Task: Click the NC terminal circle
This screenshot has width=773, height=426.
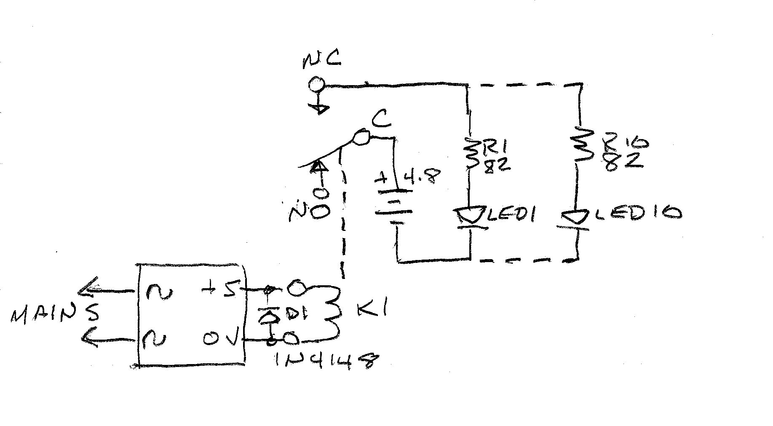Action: [x=316, y=85]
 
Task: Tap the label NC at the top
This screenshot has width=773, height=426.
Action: [x=321, y=60]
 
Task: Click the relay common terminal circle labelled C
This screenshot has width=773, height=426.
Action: [x=362, y=137]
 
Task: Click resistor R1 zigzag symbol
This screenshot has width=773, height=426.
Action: [x=472, y=154]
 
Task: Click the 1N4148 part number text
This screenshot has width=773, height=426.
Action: [x=324, y=360]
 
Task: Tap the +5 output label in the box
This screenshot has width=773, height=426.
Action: [x=219, y=289]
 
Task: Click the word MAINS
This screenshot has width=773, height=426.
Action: [x=55, y=313]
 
